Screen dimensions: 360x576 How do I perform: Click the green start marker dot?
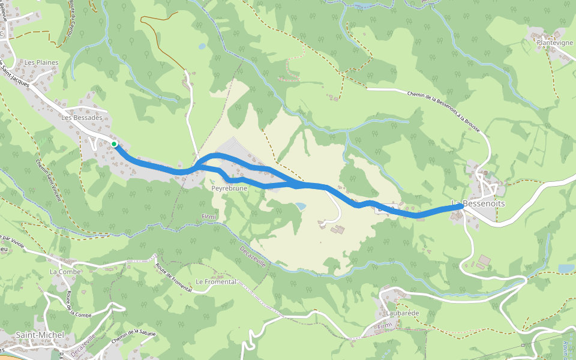click(114, 144)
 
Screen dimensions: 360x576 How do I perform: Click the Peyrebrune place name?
click(229, 188)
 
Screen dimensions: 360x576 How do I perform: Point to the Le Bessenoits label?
click(478, 204)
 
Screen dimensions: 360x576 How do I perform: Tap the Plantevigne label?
click(556, 43)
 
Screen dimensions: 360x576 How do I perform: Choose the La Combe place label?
click(62, 272)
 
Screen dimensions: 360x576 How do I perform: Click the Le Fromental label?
click(216, 282)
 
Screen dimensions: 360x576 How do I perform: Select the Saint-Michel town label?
click(35, 334)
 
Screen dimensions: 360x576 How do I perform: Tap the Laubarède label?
click(398, 313)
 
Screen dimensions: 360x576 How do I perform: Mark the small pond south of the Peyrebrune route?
click(300, 206)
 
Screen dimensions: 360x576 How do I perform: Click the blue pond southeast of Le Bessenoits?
click(566, 268)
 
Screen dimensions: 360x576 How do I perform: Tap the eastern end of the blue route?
click(461, 206)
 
